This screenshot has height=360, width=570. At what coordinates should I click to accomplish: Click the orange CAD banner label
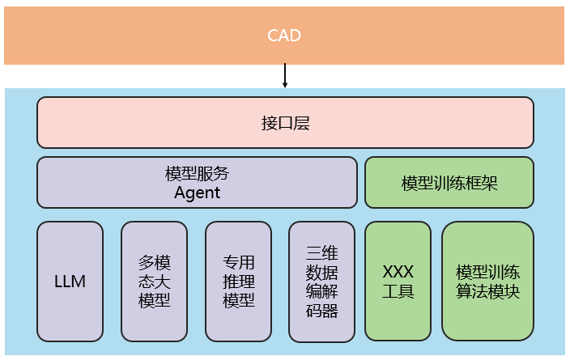tap(284, 36)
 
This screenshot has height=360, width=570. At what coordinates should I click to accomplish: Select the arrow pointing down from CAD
tap(284, 76)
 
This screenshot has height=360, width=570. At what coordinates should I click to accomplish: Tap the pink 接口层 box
tap(285, 123)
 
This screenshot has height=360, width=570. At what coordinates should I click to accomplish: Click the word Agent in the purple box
tap(197, 193)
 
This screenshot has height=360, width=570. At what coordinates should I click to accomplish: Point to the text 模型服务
tap(197, 174)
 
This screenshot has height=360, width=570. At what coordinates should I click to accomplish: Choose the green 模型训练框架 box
tap(449, 182)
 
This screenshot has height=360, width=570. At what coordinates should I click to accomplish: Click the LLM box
tap(70, 282)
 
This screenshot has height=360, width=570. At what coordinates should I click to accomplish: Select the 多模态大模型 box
tap(154, 282)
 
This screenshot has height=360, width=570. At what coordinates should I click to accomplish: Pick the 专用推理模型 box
tap(238, 282)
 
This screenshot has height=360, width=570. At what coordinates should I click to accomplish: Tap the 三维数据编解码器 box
tap(321, 282)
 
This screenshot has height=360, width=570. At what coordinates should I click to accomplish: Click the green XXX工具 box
tap(398, 282)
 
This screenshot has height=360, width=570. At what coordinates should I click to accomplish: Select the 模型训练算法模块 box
tap(487, 282)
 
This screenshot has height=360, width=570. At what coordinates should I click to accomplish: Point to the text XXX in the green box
tap(398, 273)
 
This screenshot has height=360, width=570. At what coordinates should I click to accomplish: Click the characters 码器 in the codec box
tap(321, 311)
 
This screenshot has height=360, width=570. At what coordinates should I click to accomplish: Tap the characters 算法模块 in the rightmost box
tap(487, 291)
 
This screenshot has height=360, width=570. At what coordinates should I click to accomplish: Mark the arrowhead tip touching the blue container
tap(284, 87)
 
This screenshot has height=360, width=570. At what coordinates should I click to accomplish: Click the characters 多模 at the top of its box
tap(154, 263)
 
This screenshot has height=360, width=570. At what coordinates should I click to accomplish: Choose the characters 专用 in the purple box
tap(238, 263)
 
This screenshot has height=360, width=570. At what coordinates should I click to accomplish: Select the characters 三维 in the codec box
tap(321, 252)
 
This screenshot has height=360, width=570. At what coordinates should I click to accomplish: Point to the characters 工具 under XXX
tap(398, 291)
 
